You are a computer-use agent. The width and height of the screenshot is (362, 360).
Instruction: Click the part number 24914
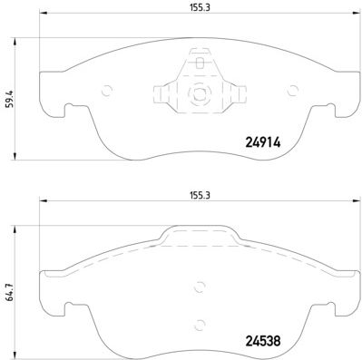(x=263, y=142)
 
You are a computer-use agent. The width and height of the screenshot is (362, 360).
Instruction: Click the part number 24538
(x=263, y=341)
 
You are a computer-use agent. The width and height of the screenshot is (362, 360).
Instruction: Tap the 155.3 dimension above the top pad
(x=200, y=7)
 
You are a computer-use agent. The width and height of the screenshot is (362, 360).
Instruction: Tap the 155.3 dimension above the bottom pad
(x=200, y=195)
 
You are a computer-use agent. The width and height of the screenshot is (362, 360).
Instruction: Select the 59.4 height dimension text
(x=9, y=99)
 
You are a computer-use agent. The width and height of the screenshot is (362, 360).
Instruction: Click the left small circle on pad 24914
(x=107, y=91)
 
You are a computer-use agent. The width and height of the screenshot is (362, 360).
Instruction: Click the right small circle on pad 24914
(x=292, y=91)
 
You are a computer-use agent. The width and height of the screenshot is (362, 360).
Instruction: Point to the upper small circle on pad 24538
(x=200, y=287)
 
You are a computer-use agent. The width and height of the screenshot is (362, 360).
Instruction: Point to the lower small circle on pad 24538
(x=200, y=325)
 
